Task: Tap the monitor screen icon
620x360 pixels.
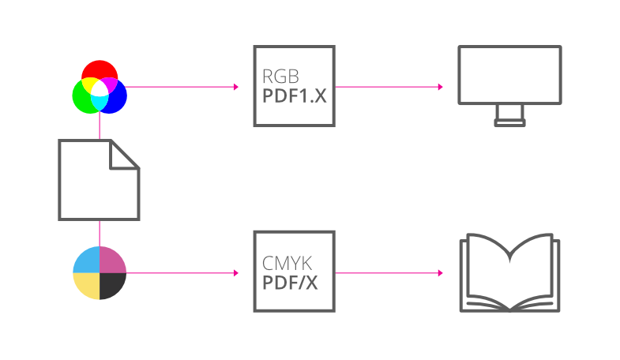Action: coord(509,74)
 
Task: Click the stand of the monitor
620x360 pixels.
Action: coord(509,116)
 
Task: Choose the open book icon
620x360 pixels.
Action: coord(509,272)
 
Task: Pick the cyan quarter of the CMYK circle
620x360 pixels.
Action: coord(87,260)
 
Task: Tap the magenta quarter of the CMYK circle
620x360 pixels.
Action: coord(112,260)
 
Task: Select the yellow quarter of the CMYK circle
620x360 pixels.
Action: coord(87,285)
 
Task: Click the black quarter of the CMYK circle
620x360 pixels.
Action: coord(112,285)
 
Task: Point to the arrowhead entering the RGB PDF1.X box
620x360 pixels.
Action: coord(235,87)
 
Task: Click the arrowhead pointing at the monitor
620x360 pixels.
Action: coord(440,87)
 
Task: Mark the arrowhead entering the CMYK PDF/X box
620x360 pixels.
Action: coord(235,273)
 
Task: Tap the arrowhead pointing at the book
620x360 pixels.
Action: coord(440,273)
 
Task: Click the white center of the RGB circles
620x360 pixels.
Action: coord(99,89)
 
